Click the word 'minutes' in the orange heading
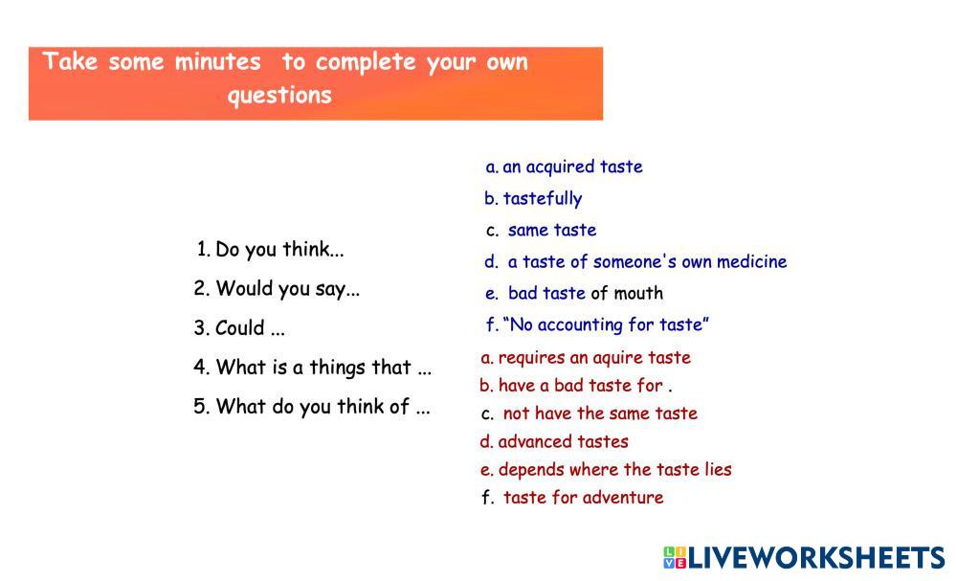tap(218, 62)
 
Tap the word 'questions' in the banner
tap(279, 96)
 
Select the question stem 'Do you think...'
tap(279, 250)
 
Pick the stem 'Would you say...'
tap(288, 289)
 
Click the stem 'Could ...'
tap(250, 328)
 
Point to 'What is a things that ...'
tap(323, 368)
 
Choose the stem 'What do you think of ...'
tap(323, 407)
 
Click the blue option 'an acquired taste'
tap(572, 168)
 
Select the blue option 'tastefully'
tap(543, 198)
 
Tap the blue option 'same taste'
tap(552, 230)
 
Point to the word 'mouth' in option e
tap(638, 294)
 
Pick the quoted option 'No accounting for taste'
tap(606, 324)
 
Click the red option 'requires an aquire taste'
tap(594, 358)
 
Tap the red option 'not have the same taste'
tap(600, 413)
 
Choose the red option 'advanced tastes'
tap(564, 442)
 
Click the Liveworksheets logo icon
tap(675, 558)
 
